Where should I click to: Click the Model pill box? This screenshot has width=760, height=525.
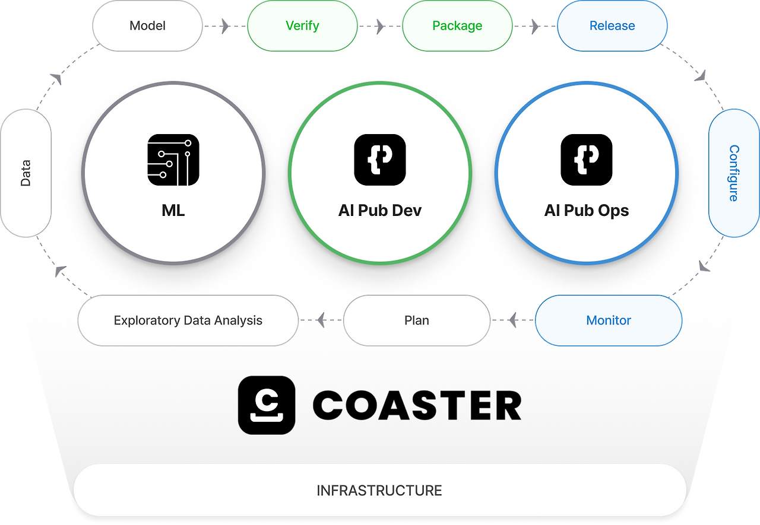(147, 26)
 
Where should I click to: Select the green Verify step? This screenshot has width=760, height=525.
(302, 26)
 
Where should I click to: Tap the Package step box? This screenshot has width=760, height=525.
(457, 26)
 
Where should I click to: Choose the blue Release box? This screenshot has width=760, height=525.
(612, 26)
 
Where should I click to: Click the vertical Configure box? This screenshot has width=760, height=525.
(734, 173)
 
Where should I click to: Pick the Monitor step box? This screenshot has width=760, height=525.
(609, 320)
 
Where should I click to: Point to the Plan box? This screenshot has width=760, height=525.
(417, 320)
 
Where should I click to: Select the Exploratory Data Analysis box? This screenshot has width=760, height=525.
(188, 320)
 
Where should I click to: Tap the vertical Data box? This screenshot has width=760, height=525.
(26, 173)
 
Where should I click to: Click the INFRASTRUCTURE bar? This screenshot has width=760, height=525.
(379, 491)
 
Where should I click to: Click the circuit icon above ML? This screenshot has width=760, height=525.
(173, 160)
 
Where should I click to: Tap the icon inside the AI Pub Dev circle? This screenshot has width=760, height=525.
(380, 160)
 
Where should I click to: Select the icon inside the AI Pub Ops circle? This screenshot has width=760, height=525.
(587, 160)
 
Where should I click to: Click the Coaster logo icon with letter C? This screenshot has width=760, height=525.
(267, 405)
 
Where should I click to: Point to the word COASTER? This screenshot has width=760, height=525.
(417, 406)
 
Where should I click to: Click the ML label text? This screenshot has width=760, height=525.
(173, 211)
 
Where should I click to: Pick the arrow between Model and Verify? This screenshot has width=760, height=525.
(224, 26)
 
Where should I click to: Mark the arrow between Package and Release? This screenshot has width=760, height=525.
(534, 26)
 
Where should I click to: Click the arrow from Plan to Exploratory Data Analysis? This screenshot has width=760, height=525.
(321, 321)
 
